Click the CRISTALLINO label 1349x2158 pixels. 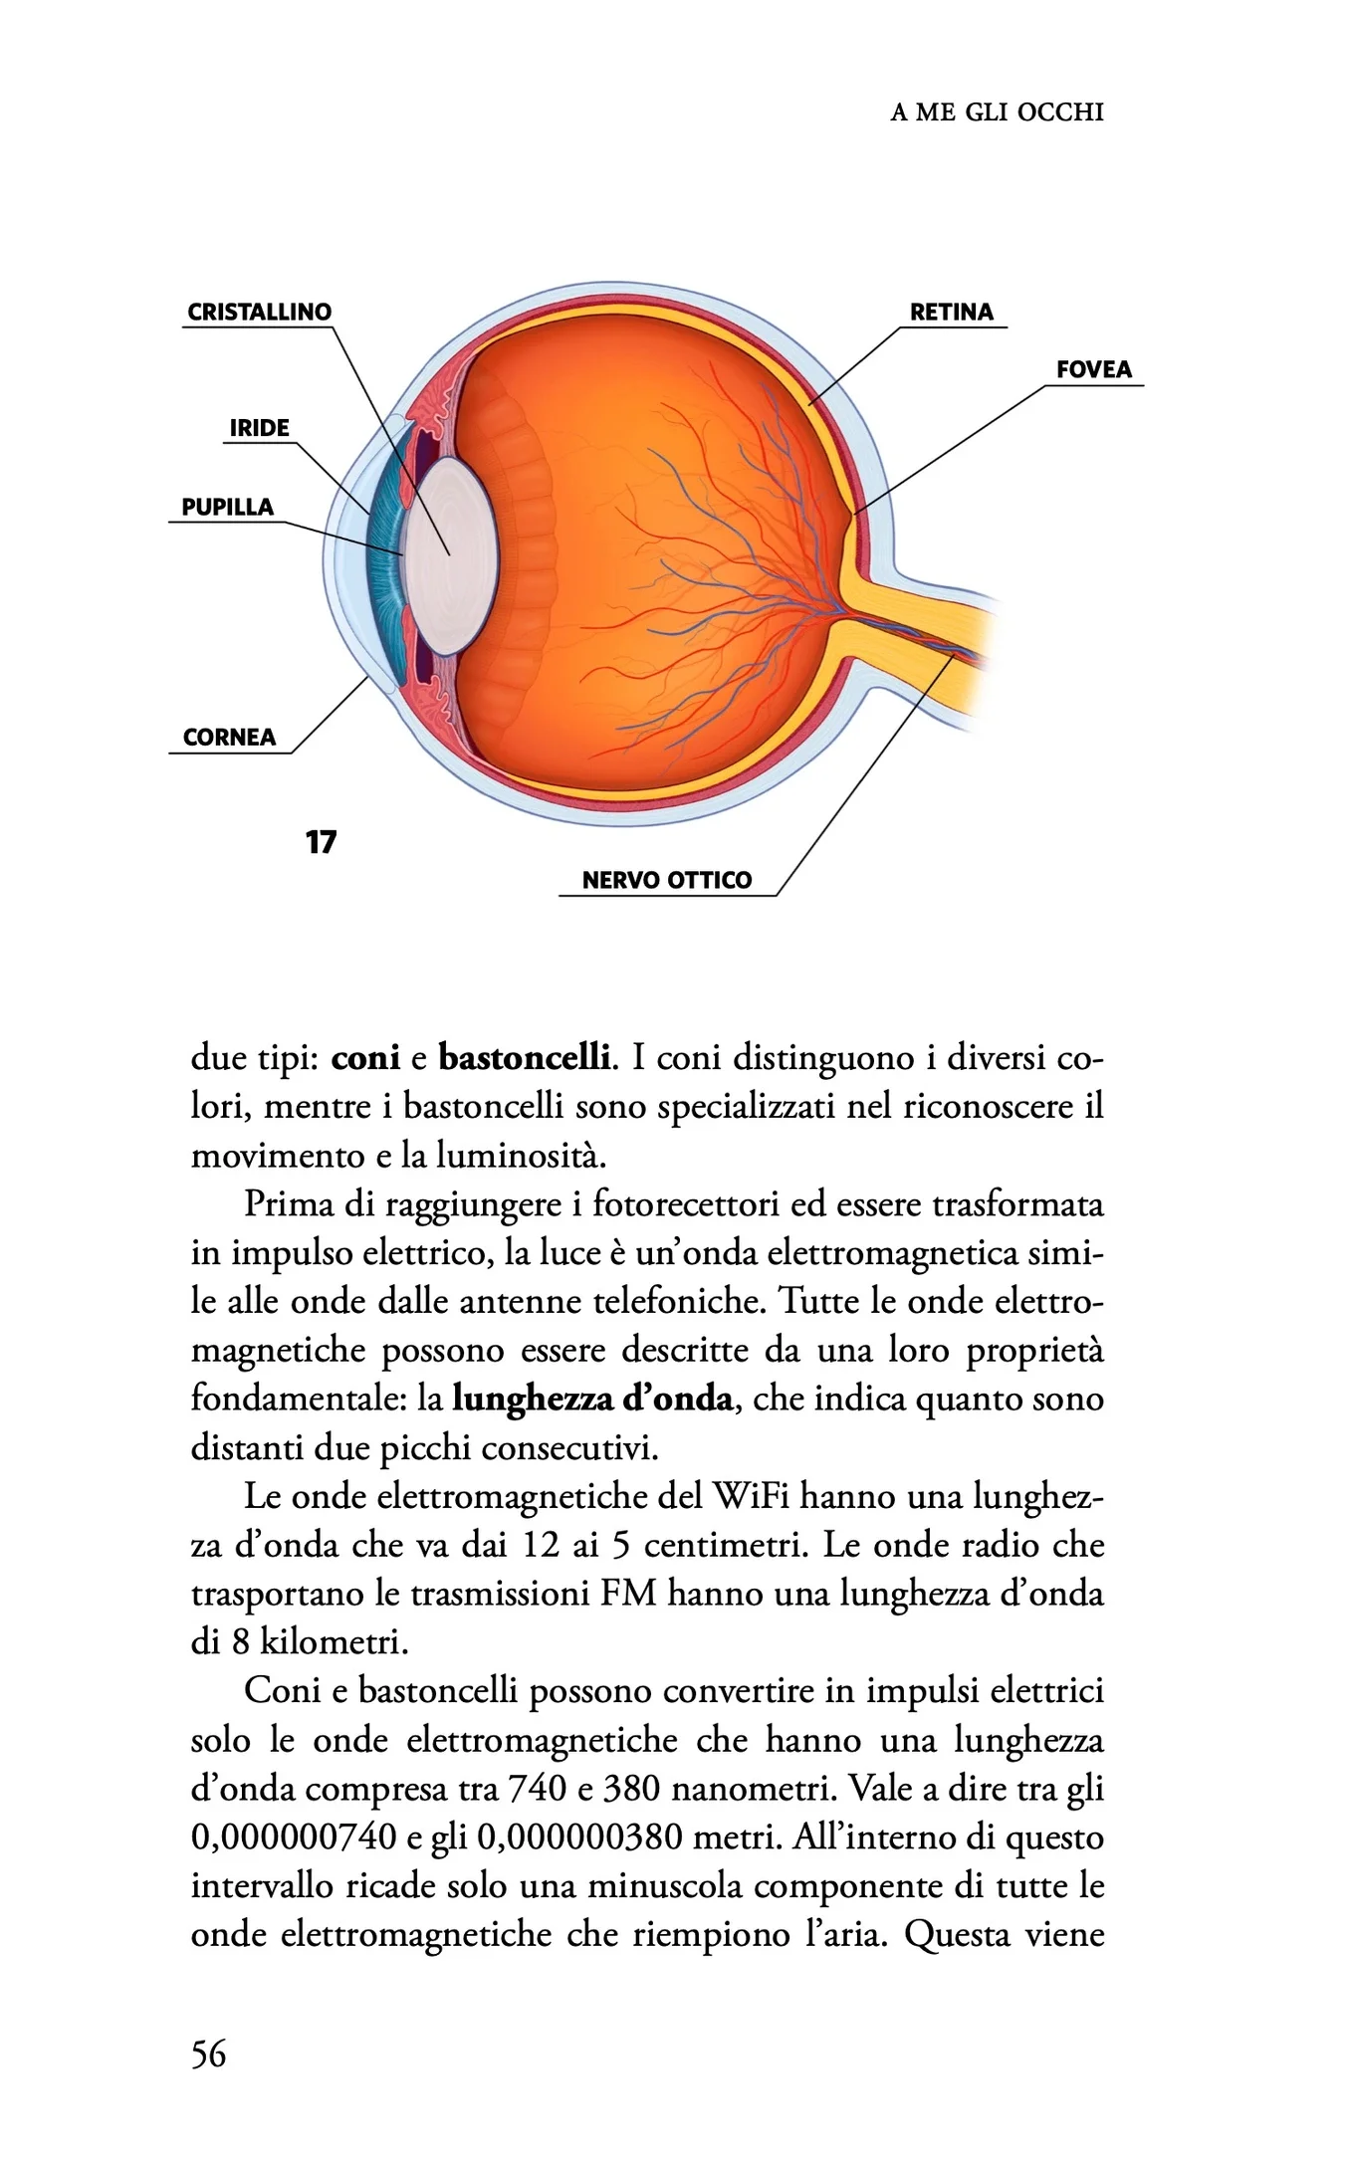click(259, 312)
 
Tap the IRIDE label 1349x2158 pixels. click(259, 428)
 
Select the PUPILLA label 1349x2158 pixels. click(227, 507)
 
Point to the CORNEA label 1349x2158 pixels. click(229, 737)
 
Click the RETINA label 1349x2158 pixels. click(951, 312)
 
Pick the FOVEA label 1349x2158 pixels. click(1093, 369)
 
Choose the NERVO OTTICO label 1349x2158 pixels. click(666, 880)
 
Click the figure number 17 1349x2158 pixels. click(321, 842)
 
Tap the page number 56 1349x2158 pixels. click(209, 2053)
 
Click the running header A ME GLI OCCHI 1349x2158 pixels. click(997, 111)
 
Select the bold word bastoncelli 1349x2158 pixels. click(524, 1056)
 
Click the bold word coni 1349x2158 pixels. click(365, 1056)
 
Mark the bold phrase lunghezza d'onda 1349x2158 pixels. click(592, 1399)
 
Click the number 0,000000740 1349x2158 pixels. click(294, 1837)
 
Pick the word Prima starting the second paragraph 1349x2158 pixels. click(289, 1204)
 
